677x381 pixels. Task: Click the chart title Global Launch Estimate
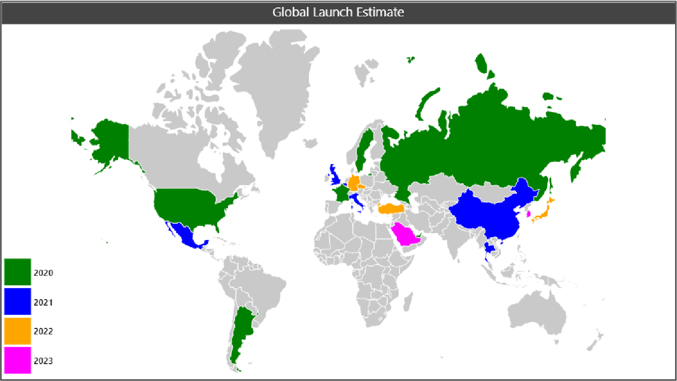338,12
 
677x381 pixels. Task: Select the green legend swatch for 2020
17,272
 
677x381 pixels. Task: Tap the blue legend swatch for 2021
17,302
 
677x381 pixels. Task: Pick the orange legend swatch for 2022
17,331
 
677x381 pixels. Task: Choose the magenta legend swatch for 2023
17,361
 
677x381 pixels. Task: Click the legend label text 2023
43,361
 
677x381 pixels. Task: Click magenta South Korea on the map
528,214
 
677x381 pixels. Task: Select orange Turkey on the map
392,209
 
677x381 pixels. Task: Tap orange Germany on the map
355,182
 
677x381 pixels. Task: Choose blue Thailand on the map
490,248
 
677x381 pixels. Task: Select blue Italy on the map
357,200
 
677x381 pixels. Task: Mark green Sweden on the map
365,149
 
